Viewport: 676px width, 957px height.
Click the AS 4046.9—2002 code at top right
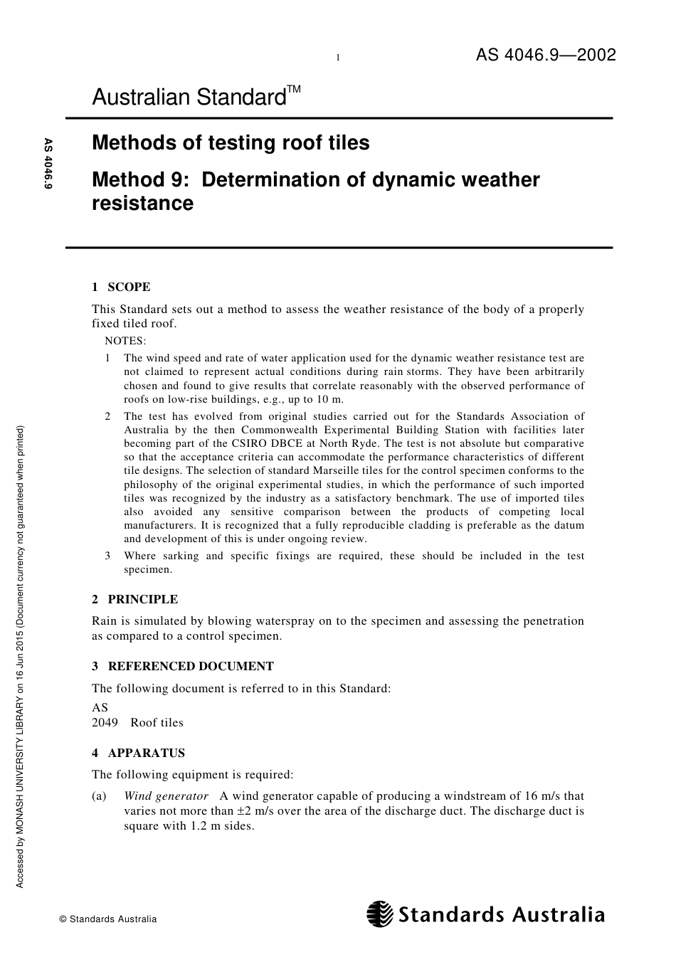pos(546,55)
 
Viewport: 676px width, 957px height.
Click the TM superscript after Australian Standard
pos(294,90)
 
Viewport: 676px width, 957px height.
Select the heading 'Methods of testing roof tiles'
pos(231,143)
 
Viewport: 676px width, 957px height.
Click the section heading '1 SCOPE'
pos(121,287)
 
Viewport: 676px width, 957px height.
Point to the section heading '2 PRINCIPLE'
pos(134,599)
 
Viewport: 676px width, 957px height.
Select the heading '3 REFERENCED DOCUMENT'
pos(183,666)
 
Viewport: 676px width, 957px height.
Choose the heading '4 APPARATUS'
pos(138,753)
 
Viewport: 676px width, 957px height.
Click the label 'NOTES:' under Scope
pos(125,341)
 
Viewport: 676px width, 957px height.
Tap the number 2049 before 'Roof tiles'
pos(105,723)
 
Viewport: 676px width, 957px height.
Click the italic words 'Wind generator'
pos(166,796)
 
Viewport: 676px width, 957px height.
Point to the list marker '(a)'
pos(99,796)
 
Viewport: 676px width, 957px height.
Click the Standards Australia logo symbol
pos(379,914)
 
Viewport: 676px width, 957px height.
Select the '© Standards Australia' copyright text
pos(108,919)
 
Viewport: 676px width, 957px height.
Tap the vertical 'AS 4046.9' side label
pos(49,164)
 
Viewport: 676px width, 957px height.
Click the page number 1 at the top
pos(338,58)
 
